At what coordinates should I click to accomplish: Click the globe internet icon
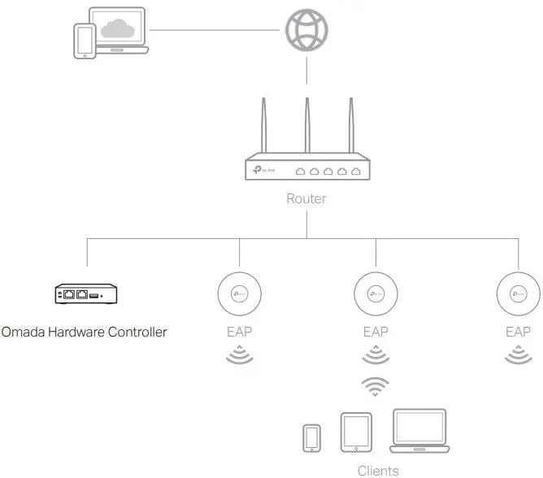click(306, 32)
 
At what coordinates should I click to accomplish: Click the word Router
click(306, 198)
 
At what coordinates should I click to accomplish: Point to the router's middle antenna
click(307, 126)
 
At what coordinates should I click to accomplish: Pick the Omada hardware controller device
click(85, 293)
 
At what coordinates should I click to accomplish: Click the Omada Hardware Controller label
click(85, 332)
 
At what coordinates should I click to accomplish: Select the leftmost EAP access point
click(239, 293)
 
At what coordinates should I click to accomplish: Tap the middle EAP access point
click(376, 293)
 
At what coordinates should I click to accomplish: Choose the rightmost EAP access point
click(517, 293)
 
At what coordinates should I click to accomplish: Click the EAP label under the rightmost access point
click(518, 332)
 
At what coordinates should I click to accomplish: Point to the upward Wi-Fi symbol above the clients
click(376, 386)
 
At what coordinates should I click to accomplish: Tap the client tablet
click(355, 432)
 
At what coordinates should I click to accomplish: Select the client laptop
click(420, 431)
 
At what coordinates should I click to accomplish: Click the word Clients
click(378, 471)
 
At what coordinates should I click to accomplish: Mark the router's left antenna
click(263, 126)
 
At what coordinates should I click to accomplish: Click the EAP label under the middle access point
click(376, 332)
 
